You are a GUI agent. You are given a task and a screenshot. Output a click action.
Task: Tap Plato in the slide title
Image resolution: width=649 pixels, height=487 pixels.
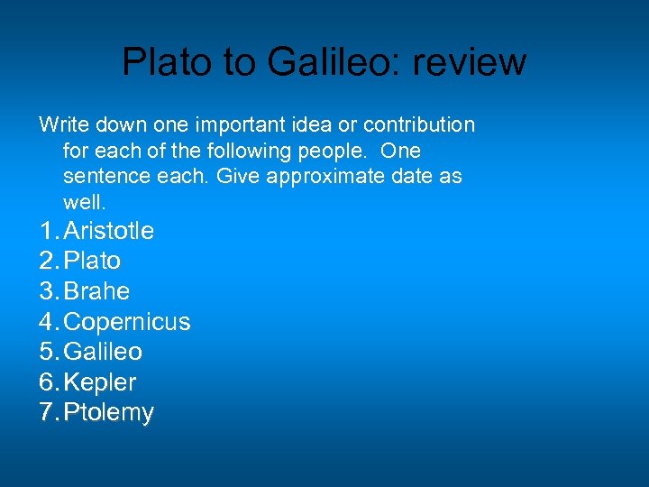coord(159,61)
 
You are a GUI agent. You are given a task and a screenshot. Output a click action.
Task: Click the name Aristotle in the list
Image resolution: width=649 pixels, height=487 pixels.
coord(109,231)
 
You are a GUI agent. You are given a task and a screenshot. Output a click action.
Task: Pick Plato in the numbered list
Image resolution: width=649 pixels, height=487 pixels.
coord(93,261)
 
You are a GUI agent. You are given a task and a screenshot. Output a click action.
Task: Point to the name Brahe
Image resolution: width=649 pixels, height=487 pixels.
coord(97,291)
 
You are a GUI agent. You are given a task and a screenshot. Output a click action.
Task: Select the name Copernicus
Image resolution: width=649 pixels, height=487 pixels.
coord(128,321)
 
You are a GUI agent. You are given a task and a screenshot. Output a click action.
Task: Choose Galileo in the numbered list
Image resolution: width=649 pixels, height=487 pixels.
coord(104,351)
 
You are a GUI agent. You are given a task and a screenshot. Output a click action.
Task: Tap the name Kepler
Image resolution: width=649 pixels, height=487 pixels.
coord(100,382)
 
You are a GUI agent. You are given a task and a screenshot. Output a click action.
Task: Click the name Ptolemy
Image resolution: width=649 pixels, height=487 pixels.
coord(109,413)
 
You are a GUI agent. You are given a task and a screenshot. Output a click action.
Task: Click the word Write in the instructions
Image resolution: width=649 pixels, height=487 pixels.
coord(59,124)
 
